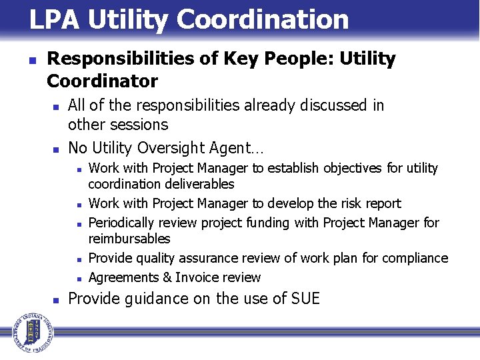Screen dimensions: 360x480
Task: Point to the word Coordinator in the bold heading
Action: tap(102, 81)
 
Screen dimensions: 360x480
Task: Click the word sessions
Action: tap(141, 125)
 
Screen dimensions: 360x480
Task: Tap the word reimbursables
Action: tap(129, 239)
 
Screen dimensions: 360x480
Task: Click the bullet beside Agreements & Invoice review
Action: tap(78, 278)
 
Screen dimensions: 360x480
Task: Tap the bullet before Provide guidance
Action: tap(57, 299)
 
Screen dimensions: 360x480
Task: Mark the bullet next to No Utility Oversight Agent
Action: tap(57, 148)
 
